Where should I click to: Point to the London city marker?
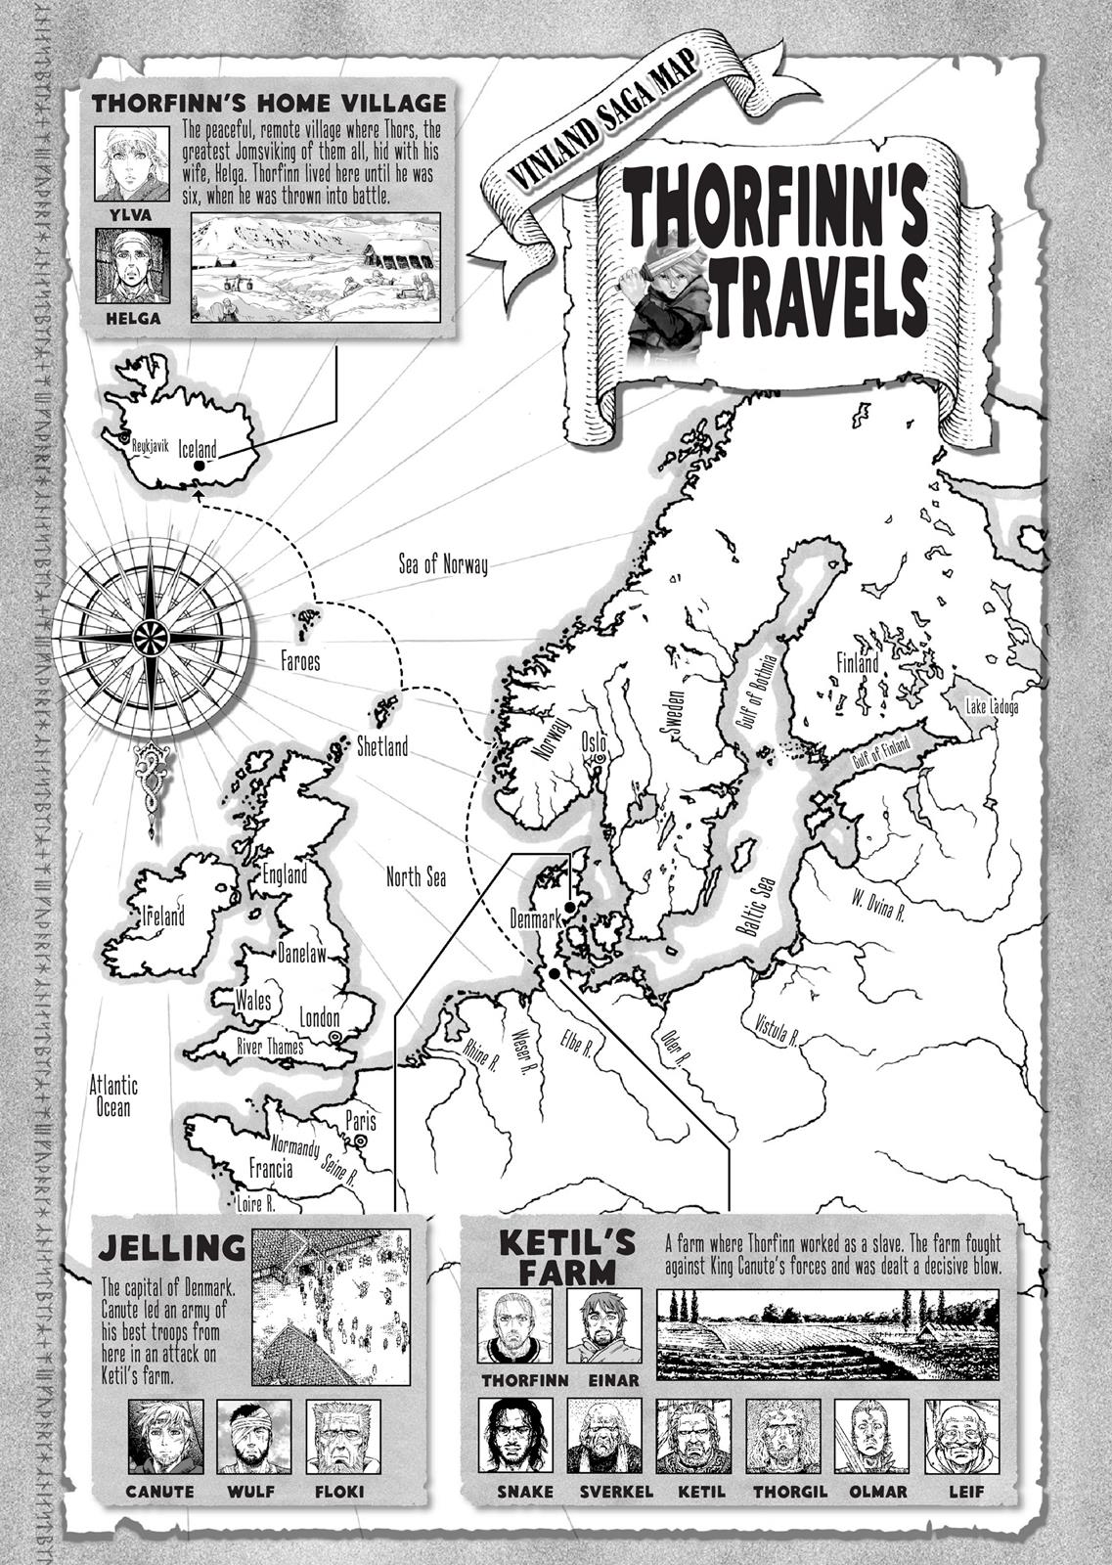pyautogui.click(x=335, y=1036)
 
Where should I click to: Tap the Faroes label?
pyautogui.click(x=300, y=661)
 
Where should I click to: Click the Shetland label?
pyautogui.click(x=382, y=747)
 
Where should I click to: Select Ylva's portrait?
pyautogui.click(x=132, y=161)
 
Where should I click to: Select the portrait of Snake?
pyautogui.click(x=514, y=1436)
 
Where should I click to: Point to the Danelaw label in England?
pyautogui.click(x=302, y=952)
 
